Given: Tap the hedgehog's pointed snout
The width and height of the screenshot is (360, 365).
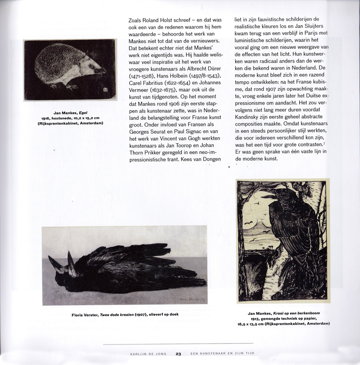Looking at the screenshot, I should [105, 71].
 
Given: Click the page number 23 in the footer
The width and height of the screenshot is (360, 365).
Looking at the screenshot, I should [179, 353].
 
